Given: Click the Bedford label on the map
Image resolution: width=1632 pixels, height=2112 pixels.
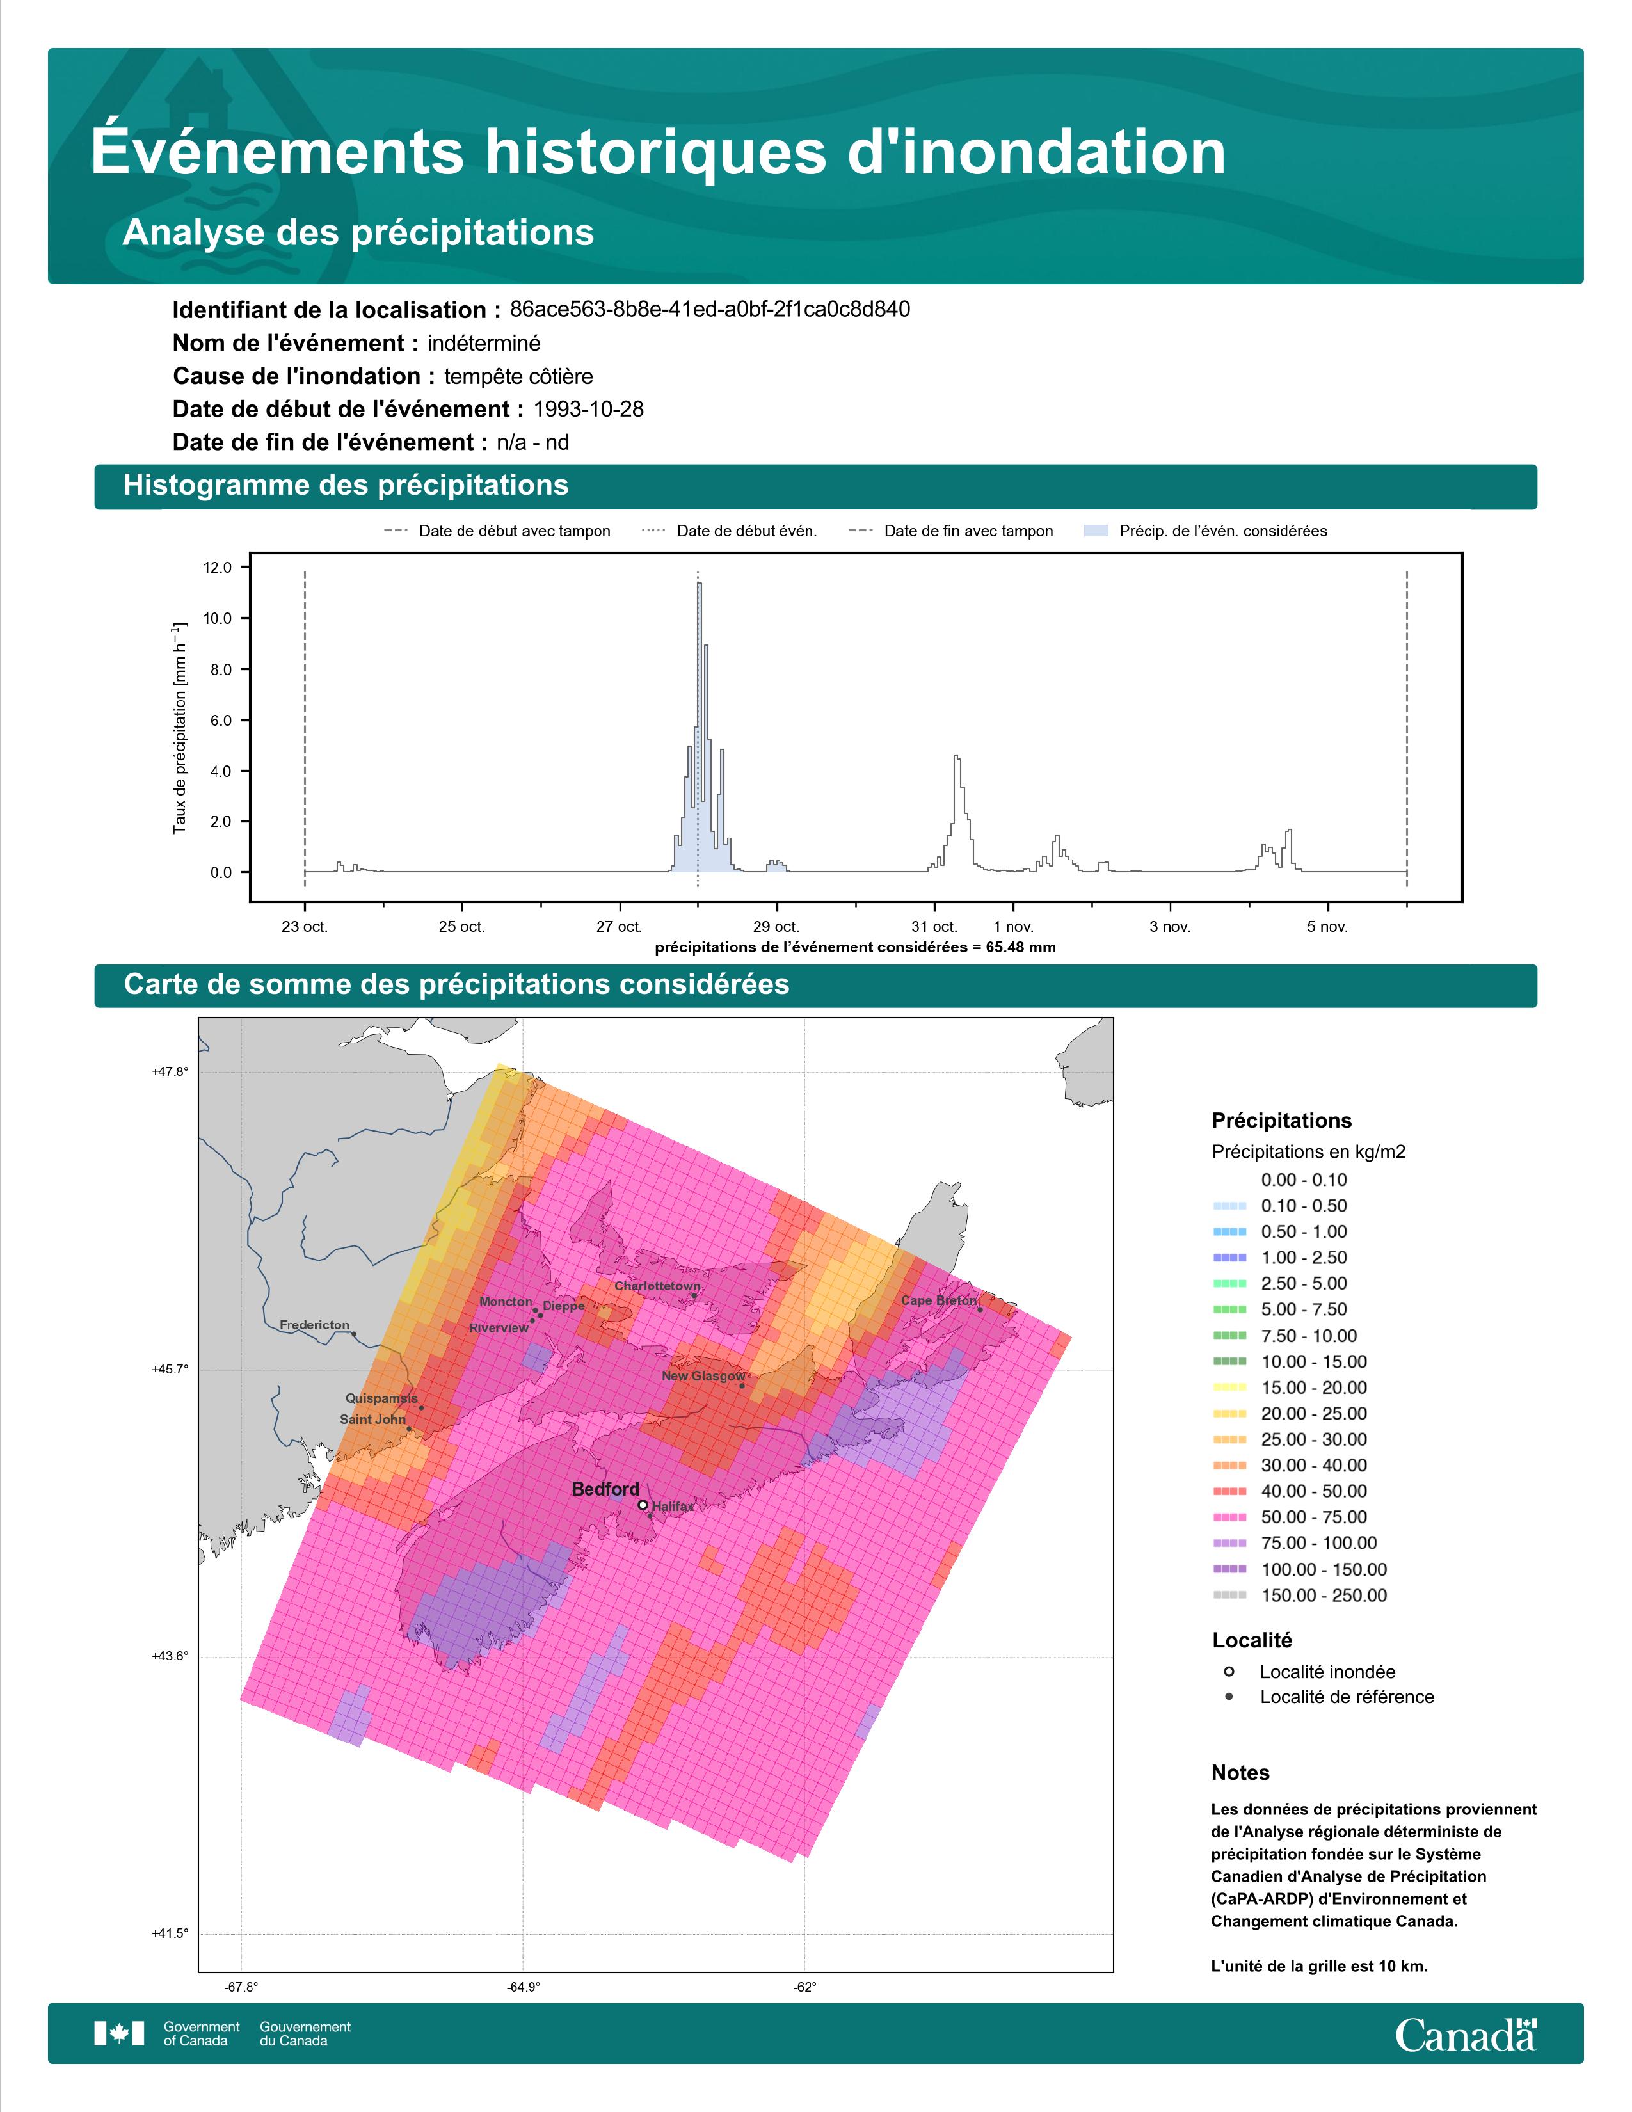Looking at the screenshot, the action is coord(605,1489).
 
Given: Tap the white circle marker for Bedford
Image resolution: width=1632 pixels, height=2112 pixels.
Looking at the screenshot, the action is coord(643,1505).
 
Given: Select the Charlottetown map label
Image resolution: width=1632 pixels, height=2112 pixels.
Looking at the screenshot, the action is coord(657,1286).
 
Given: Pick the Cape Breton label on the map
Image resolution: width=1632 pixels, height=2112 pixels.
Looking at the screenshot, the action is coord(939,1300).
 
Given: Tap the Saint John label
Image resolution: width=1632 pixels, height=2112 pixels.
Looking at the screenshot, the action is coord(372,1420).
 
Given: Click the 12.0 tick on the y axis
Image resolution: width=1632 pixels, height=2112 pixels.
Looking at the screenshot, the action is coord(218,568).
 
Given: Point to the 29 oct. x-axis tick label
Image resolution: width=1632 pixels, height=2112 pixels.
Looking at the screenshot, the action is coord(776,927).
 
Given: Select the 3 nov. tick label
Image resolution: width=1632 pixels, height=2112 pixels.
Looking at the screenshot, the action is coord(1170,927).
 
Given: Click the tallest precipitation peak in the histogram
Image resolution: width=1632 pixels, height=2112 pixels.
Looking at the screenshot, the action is coord(699,584).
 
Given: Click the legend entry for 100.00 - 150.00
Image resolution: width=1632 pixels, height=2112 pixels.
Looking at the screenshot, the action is coord(1299,1569).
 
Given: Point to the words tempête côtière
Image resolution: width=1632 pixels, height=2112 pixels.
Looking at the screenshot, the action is coord(518,376).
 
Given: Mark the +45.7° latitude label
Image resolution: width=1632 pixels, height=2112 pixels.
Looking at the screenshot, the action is coord(170,1370).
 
